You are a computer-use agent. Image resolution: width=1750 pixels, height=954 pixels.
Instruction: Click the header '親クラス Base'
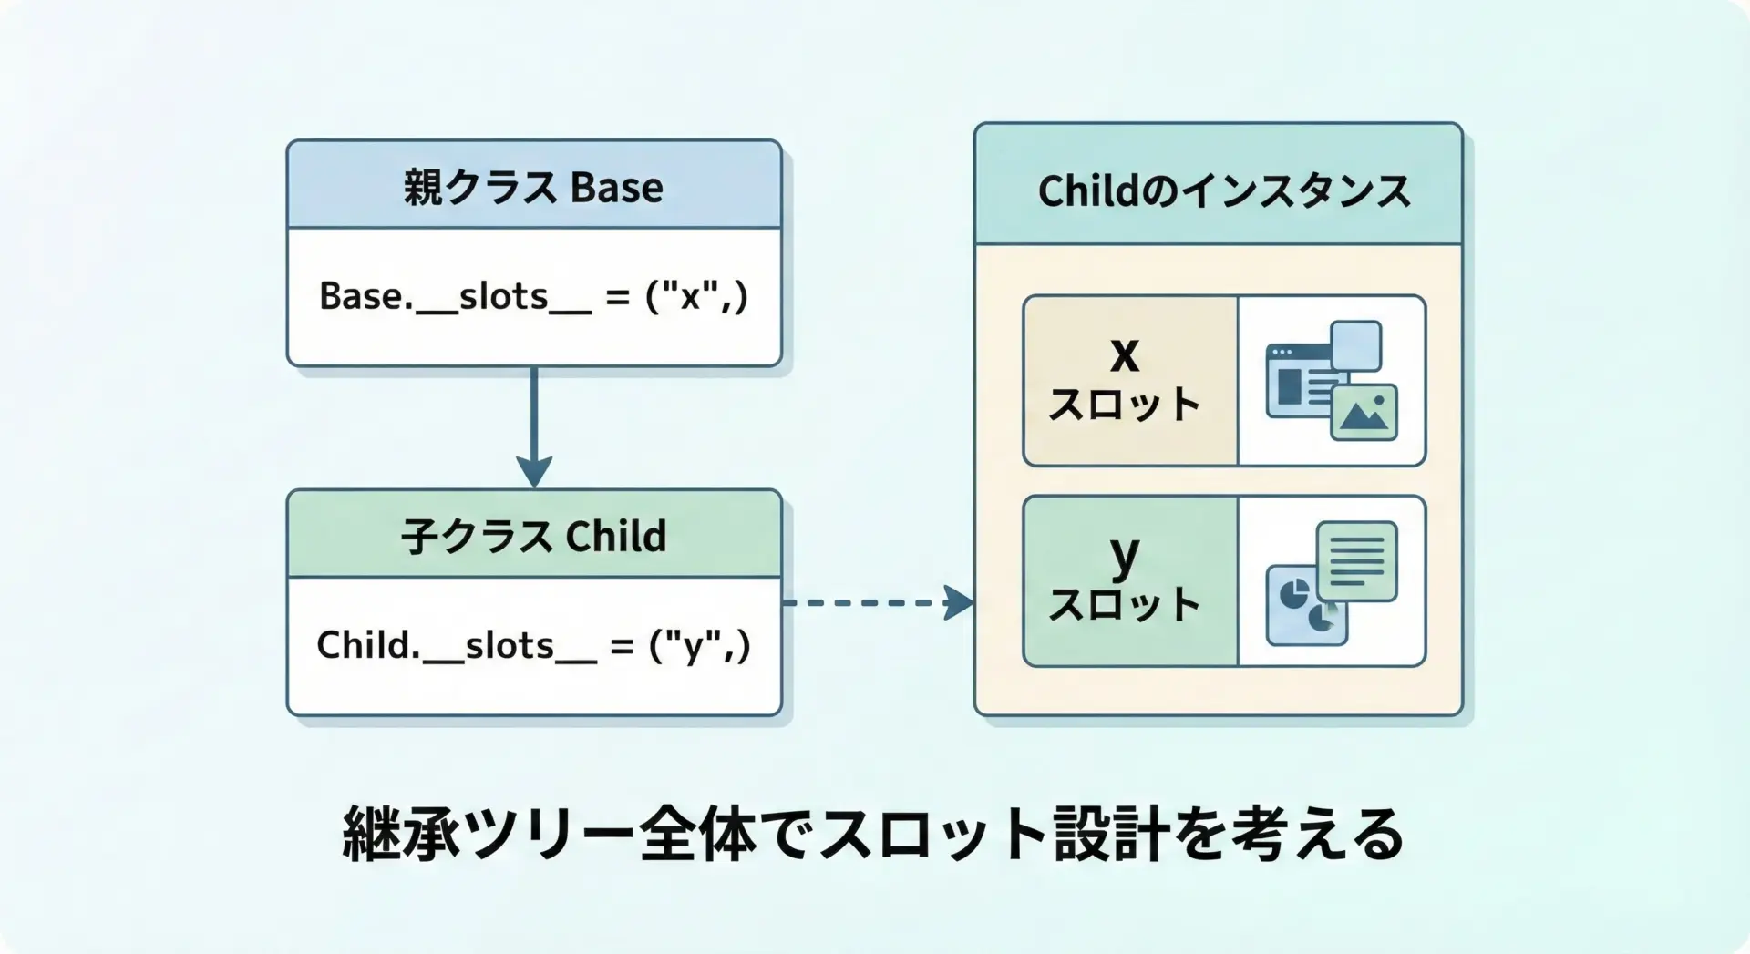click(533, 187)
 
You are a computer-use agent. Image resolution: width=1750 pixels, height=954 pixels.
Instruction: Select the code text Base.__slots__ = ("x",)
click(534, 296)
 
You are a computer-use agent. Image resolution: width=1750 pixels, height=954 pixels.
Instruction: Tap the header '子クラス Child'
click(533, 536)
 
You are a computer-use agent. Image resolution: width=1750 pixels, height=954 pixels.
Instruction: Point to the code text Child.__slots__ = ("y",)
click(534, 645)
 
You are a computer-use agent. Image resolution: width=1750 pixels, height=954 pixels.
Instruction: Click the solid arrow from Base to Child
click(534, 427)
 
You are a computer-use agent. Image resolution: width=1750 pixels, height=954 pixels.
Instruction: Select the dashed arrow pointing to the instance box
click(879, 602)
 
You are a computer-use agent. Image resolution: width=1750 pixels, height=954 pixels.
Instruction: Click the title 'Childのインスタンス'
click(1224, 191)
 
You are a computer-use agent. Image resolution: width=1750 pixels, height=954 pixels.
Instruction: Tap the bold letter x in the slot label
click(1125, 354)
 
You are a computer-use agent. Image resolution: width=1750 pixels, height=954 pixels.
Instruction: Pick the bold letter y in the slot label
click(1126, 555)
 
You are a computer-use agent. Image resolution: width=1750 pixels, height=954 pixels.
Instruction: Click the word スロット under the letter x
click(1125, 405)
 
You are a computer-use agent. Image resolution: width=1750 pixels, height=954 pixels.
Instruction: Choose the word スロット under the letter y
click(1125, 604)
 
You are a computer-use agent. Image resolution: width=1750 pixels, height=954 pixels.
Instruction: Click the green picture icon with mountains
click(1364, 412)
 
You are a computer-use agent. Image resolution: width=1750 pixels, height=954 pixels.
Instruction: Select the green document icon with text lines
click(1357, 560)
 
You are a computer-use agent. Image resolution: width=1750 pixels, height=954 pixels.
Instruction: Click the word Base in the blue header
click(617, 188)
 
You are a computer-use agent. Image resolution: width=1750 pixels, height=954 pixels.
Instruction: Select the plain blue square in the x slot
click(1356, 346)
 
